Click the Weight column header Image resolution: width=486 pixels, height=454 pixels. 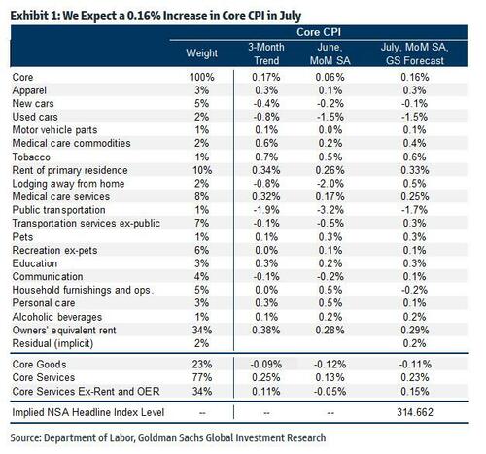(202, 53)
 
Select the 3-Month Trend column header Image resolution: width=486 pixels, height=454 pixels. (266, 53)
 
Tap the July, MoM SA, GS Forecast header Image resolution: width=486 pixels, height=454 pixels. (415, 53)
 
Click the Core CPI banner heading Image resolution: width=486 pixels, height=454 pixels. (319, 32)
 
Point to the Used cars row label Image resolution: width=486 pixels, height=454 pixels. (35, 117)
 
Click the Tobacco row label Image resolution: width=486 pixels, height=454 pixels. (31, 157)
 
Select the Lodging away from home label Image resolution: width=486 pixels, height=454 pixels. (68, 184)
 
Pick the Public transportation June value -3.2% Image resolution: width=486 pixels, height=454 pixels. (330, 210)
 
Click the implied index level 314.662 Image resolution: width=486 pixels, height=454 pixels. (415, 412)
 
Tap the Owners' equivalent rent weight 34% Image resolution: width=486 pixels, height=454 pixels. (202, 330)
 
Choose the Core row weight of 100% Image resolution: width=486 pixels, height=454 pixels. (202, 77)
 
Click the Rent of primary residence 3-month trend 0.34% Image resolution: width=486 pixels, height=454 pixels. (266, 170)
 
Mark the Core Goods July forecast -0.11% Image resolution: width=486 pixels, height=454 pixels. (415, 365)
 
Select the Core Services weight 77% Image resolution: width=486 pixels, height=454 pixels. (202, 377)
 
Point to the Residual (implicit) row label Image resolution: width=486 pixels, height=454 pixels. (52, 343)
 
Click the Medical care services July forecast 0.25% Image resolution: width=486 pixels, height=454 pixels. (415, 196)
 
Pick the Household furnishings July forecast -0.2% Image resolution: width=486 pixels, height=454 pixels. (415, 290)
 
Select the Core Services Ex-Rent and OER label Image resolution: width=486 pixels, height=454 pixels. (87, 391)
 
